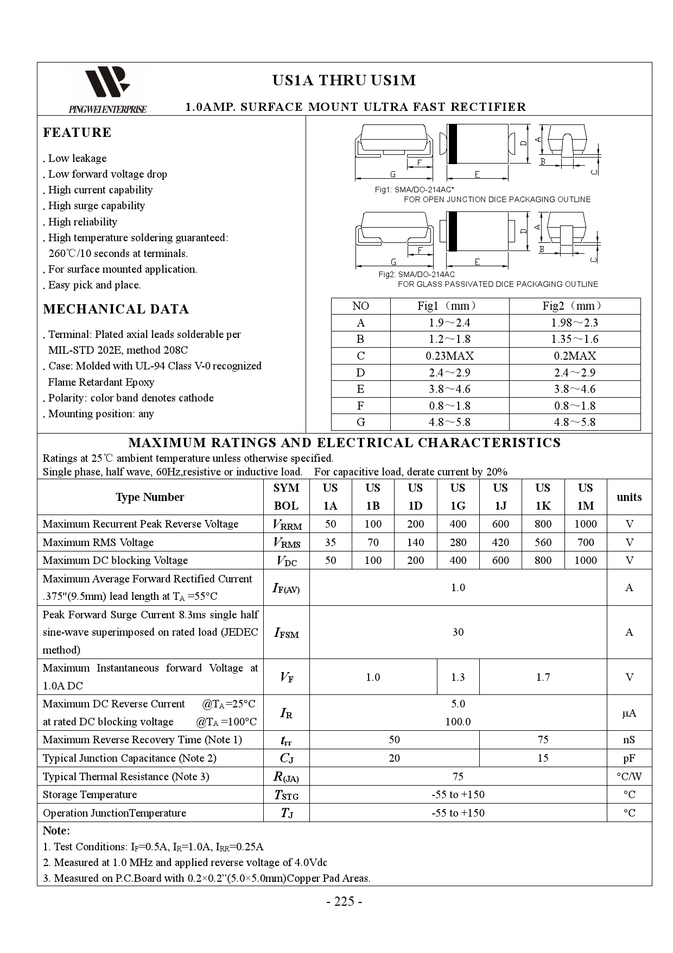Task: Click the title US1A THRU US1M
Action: pyautogui.click(x=344, y=80)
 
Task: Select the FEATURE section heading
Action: pyautogui.click(x=77, y=133)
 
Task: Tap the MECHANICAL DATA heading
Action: pyautogui.click(x=116, y=309)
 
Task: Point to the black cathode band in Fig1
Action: pyautogui.click(x=452, y=144)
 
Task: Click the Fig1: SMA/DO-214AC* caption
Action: pyautogui.click(x=415, y=190)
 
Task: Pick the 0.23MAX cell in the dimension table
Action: pyautogui.click(x=449, y=356)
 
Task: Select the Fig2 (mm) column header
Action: pyautogui.click(x=574, y=306)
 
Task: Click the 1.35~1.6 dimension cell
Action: pyautogui.click(x=574, y=339)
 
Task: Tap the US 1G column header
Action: pyautogui.click(x=458, y=497)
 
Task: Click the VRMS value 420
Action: pyautogui.click(x=500, y=542)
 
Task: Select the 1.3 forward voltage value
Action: pyautogui.click(x=458, y=677)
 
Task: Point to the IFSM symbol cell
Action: pyautogui.click(x=286, y=632)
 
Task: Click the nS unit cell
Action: pyautogui.click(x=629, y=739)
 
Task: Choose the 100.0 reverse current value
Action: pyautogui.click(x=458, y=722)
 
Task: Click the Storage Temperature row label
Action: pyautogui.click(x=90, y=794)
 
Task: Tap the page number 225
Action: pyautogui.click(x=344, y=901)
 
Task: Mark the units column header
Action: pyautogui.click(x=629, y=497)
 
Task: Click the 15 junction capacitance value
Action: pyautogui.click(x=543, y=758)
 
